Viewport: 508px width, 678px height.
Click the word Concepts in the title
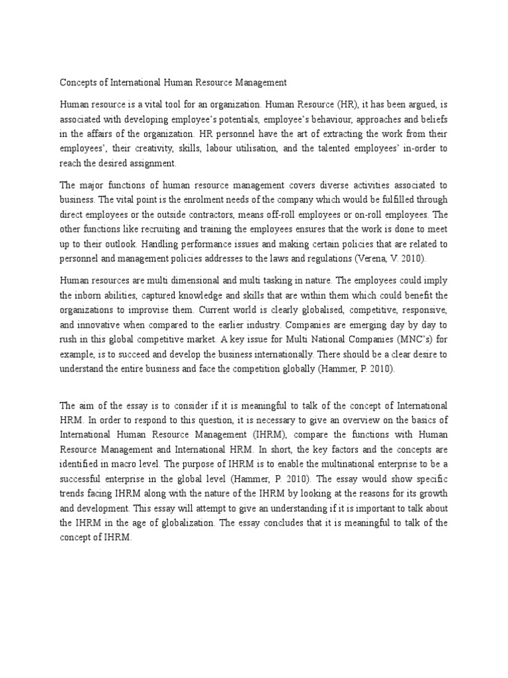(x=79, y=83)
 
